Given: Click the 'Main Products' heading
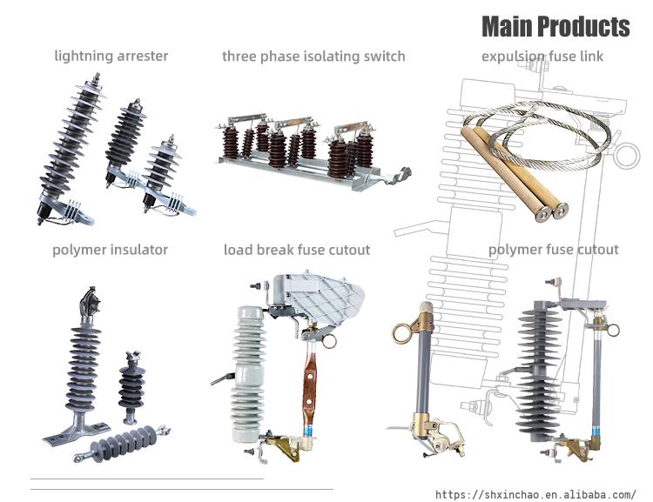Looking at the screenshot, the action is pyautogui.click(x=555, y=26).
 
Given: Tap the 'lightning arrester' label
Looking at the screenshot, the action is pyautogui.click(x=111, y=56).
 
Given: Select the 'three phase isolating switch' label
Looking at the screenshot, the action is pyautogui.click(x=313, y=57).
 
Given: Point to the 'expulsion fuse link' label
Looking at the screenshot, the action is pyautogui.click(x=542, y=57).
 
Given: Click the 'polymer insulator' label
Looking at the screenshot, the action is pyautogui.click(x=110, y=250).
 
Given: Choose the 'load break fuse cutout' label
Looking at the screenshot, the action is pyautogui.click(x=297, y=250).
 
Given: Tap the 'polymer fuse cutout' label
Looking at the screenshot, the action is pyautogui.click(x=553, y=250).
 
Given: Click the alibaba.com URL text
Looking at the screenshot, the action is pyautogui.click(x=535, y=494).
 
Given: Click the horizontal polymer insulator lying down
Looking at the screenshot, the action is pyautogui.click(x=122, y=444).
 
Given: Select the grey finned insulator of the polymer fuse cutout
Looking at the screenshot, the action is pyautogui.click(x=538, y=371).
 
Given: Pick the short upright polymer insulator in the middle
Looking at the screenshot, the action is pyautogui.click(x=131, y=388).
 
